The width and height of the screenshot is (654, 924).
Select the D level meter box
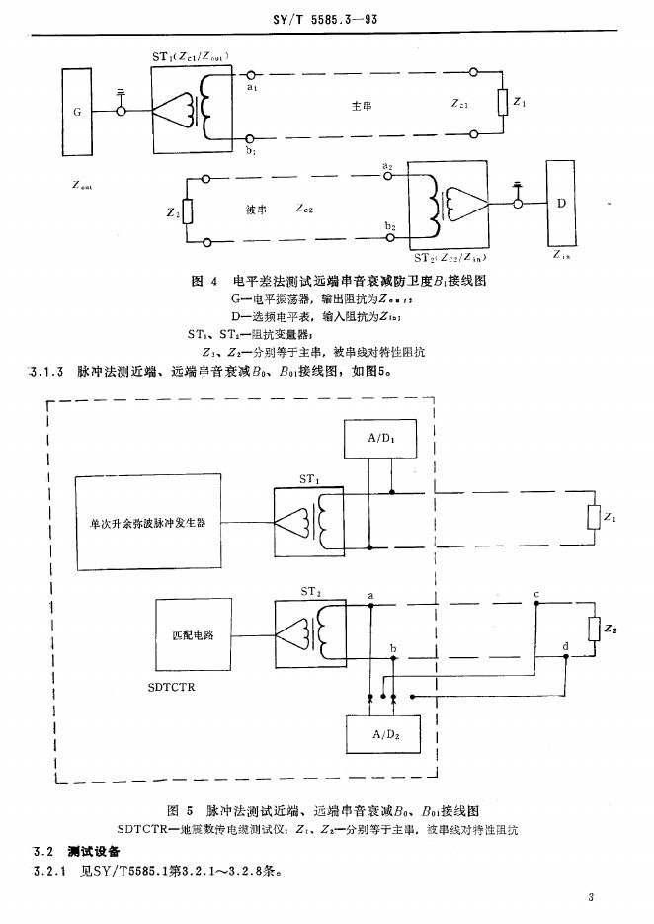561,205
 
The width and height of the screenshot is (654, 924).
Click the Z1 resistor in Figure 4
502,103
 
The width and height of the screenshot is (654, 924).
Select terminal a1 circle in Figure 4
252,74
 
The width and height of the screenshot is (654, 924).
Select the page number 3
589,897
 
